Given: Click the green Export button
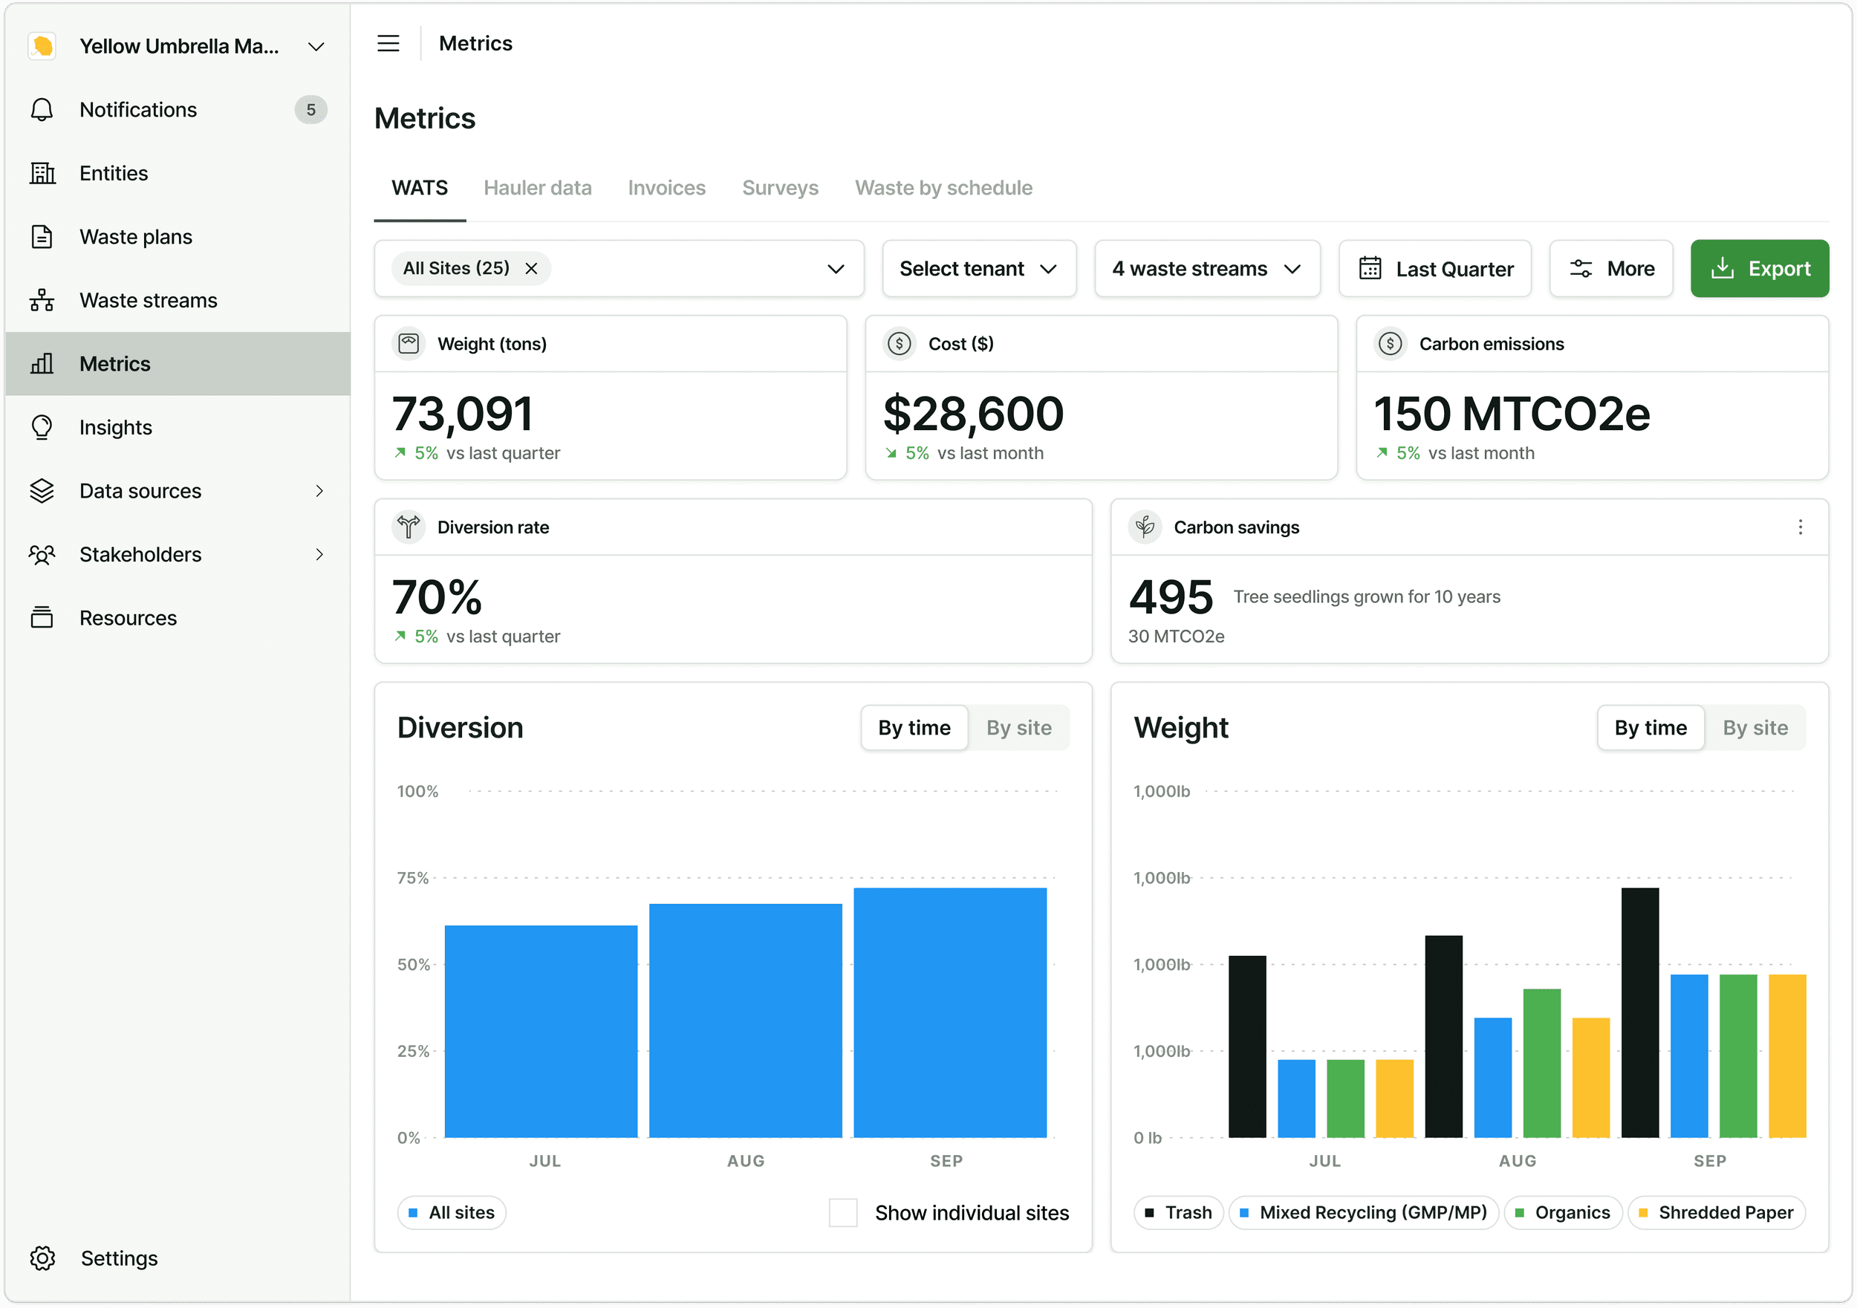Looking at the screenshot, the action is pos(1759,269).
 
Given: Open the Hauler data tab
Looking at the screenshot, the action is pos(538,188).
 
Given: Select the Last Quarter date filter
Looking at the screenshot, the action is pos(1435,269).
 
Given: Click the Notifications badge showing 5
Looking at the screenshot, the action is pos(310,110).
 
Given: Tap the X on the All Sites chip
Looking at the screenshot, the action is pos(531,269).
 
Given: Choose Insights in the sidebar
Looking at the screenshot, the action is pos(116,427).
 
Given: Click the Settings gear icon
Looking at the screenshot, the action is pos(42,1257).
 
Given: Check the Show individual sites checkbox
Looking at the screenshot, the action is pos(843,1212).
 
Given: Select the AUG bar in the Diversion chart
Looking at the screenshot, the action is pos(746,1021).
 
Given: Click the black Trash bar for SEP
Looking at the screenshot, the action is pos(1640,1012).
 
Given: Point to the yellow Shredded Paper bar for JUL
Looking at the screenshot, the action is pos(1394,1099).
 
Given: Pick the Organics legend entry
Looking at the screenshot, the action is pos(1563,1212).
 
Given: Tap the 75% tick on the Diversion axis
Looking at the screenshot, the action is pos(412,878).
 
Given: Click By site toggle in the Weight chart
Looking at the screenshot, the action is pos(1755,728).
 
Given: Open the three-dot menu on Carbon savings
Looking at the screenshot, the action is pos(1801,527).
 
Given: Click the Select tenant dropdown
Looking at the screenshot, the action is pos(979,269).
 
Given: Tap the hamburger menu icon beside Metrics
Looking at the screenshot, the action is pos(388,44).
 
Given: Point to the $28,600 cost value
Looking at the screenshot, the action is pos(973,414).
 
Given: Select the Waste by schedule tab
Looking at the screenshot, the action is pos(944,188).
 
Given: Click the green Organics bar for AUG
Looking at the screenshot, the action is pos(1541,1063).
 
